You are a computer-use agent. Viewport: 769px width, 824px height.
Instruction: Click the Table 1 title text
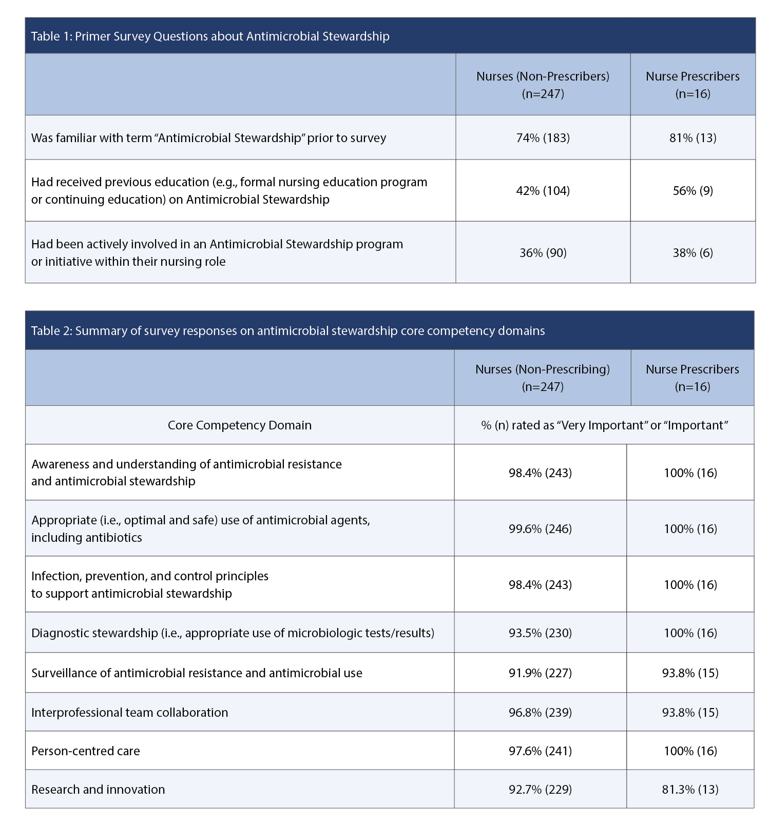click(210, 36)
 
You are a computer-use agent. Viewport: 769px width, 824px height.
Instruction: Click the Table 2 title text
click(288, 330)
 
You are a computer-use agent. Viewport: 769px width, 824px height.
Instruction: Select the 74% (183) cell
click(543, 138)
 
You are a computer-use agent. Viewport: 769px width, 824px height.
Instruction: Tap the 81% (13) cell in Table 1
click(693, 138)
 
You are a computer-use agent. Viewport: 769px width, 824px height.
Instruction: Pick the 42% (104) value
click(543, 191)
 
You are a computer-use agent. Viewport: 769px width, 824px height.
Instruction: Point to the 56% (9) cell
click(693, 191)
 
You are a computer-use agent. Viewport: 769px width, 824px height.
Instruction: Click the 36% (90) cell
click(543, 253)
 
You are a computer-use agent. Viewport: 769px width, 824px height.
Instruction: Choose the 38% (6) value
click(693, 253)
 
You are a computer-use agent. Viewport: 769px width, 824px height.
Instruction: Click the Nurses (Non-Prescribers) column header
click(543, 85)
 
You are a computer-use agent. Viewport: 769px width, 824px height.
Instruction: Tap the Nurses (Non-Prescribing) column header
click(542, 378)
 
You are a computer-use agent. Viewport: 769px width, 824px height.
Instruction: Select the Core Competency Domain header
click(239, 425)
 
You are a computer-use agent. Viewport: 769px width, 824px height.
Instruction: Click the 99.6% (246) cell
click(540, 529)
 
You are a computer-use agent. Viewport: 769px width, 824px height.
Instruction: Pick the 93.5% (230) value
click(540, 633)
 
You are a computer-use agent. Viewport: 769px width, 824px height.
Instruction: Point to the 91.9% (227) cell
click(540, 673)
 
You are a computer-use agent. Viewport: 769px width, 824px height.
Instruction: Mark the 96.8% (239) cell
click(540, 713)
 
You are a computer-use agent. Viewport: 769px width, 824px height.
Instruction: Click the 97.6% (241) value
click(540, 751)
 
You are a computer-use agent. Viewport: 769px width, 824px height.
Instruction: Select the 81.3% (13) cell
click(690, 790)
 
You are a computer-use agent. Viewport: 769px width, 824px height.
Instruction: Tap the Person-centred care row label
click(86, 751)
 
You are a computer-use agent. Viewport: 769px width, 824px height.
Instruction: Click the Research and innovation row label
click(98, 790)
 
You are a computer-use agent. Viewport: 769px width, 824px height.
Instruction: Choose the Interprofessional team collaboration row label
click(130, 713)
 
